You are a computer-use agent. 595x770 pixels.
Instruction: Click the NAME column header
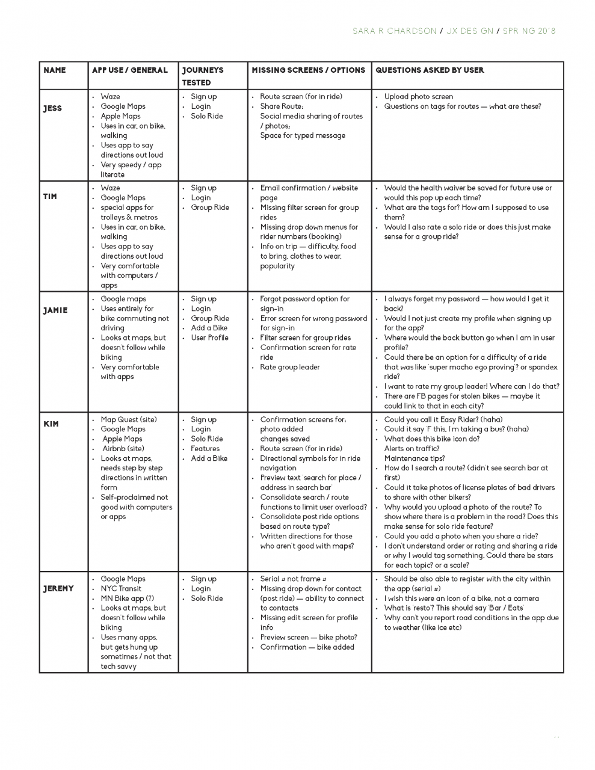55,70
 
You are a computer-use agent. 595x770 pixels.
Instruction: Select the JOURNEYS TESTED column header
202,76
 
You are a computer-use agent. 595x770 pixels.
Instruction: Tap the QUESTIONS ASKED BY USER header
430,70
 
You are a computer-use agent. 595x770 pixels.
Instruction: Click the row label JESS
52,108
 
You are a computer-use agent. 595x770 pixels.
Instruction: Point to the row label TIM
51,197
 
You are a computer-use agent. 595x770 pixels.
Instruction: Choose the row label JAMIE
55,310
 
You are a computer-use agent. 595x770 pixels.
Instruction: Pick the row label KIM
51,424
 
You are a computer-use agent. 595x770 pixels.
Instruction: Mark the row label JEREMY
58,588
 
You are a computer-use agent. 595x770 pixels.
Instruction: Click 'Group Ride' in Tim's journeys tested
209,208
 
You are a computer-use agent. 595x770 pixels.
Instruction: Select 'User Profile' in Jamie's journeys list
209,338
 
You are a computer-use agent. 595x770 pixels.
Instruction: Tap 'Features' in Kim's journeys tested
205,449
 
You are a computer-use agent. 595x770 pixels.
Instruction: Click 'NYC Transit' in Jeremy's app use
121,589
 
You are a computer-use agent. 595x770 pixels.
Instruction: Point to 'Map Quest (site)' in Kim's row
128,420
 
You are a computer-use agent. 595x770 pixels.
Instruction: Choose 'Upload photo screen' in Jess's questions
418,97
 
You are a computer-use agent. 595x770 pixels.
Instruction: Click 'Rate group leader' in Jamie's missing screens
289,368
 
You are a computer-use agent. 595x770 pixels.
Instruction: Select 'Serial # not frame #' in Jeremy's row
293,579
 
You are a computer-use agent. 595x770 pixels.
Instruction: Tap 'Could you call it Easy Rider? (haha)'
443,420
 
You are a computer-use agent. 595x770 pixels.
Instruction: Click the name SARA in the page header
364,31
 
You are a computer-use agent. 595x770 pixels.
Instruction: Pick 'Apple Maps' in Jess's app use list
120,116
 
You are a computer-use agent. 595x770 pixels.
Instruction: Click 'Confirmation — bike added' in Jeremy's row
307,647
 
